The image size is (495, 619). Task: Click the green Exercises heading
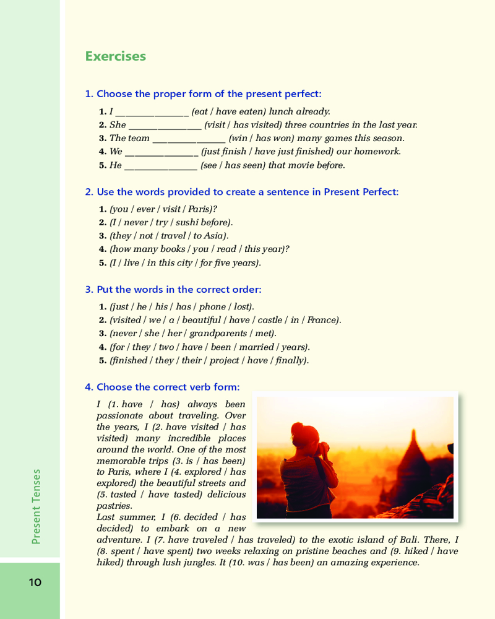(x=116, y=56)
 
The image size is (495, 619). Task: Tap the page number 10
(x=35, y=582)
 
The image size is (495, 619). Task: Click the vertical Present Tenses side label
(x=36, y=506)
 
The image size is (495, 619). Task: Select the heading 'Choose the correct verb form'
(x=162, y=387)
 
